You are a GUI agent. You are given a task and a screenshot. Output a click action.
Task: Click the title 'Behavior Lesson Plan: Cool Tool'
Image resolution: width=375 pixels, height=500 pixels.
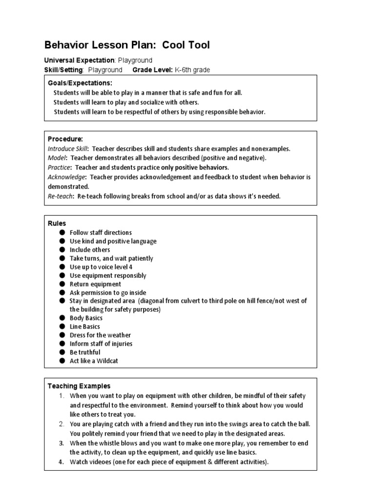pos(127,45)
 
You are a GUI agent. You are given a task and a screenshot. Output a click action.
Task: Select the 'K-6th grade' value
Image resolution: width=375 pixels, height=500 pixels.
pos(192,70)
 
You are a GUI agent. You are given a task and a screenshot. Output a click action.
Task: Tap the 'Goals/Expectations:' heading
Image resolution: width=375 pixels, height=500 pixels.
pos(80,83)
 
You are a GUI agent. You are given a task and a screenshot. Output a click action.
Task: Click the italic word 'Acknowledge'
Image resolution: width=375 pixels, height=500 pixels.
pos(67,177)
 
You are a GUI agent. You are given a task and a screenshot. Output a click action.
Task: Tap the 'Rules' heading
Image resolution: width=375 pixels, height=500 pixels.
pos(57,223)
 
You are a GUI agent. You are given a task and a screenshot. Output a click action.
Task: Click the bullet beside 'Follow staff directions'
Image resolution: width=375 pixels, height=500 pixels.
pos(62,233)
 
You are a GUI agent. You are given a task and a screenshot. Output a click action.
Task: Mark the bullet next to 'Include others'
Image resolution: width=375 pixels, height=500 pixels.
pos(62,250)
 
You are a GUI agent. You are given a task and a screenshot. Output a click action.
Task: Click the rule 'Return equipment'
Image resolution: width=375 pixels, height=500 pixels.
pos(95,284)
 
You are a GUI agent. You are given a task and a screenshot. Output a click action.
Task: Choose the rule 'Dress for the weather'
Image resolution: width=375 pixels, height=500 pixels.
pos(100,335)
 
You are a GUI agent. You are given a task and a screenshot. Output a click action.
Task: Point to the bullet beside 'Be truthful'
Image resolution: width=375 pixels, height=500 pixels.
pos(62,353)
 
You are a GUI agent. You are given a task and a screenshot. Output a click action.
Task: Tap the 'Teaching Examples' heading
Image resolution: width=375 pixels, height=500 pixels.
pos(79,386)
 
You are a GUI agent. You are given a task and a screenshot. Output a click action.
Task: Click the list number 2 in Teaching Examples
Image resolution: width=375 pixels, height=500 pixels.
pos(62,424)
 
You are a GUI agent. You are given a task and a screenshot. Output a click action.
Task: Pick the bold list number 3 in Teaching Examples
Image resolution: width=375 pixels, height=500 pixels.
pos(62,443)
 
